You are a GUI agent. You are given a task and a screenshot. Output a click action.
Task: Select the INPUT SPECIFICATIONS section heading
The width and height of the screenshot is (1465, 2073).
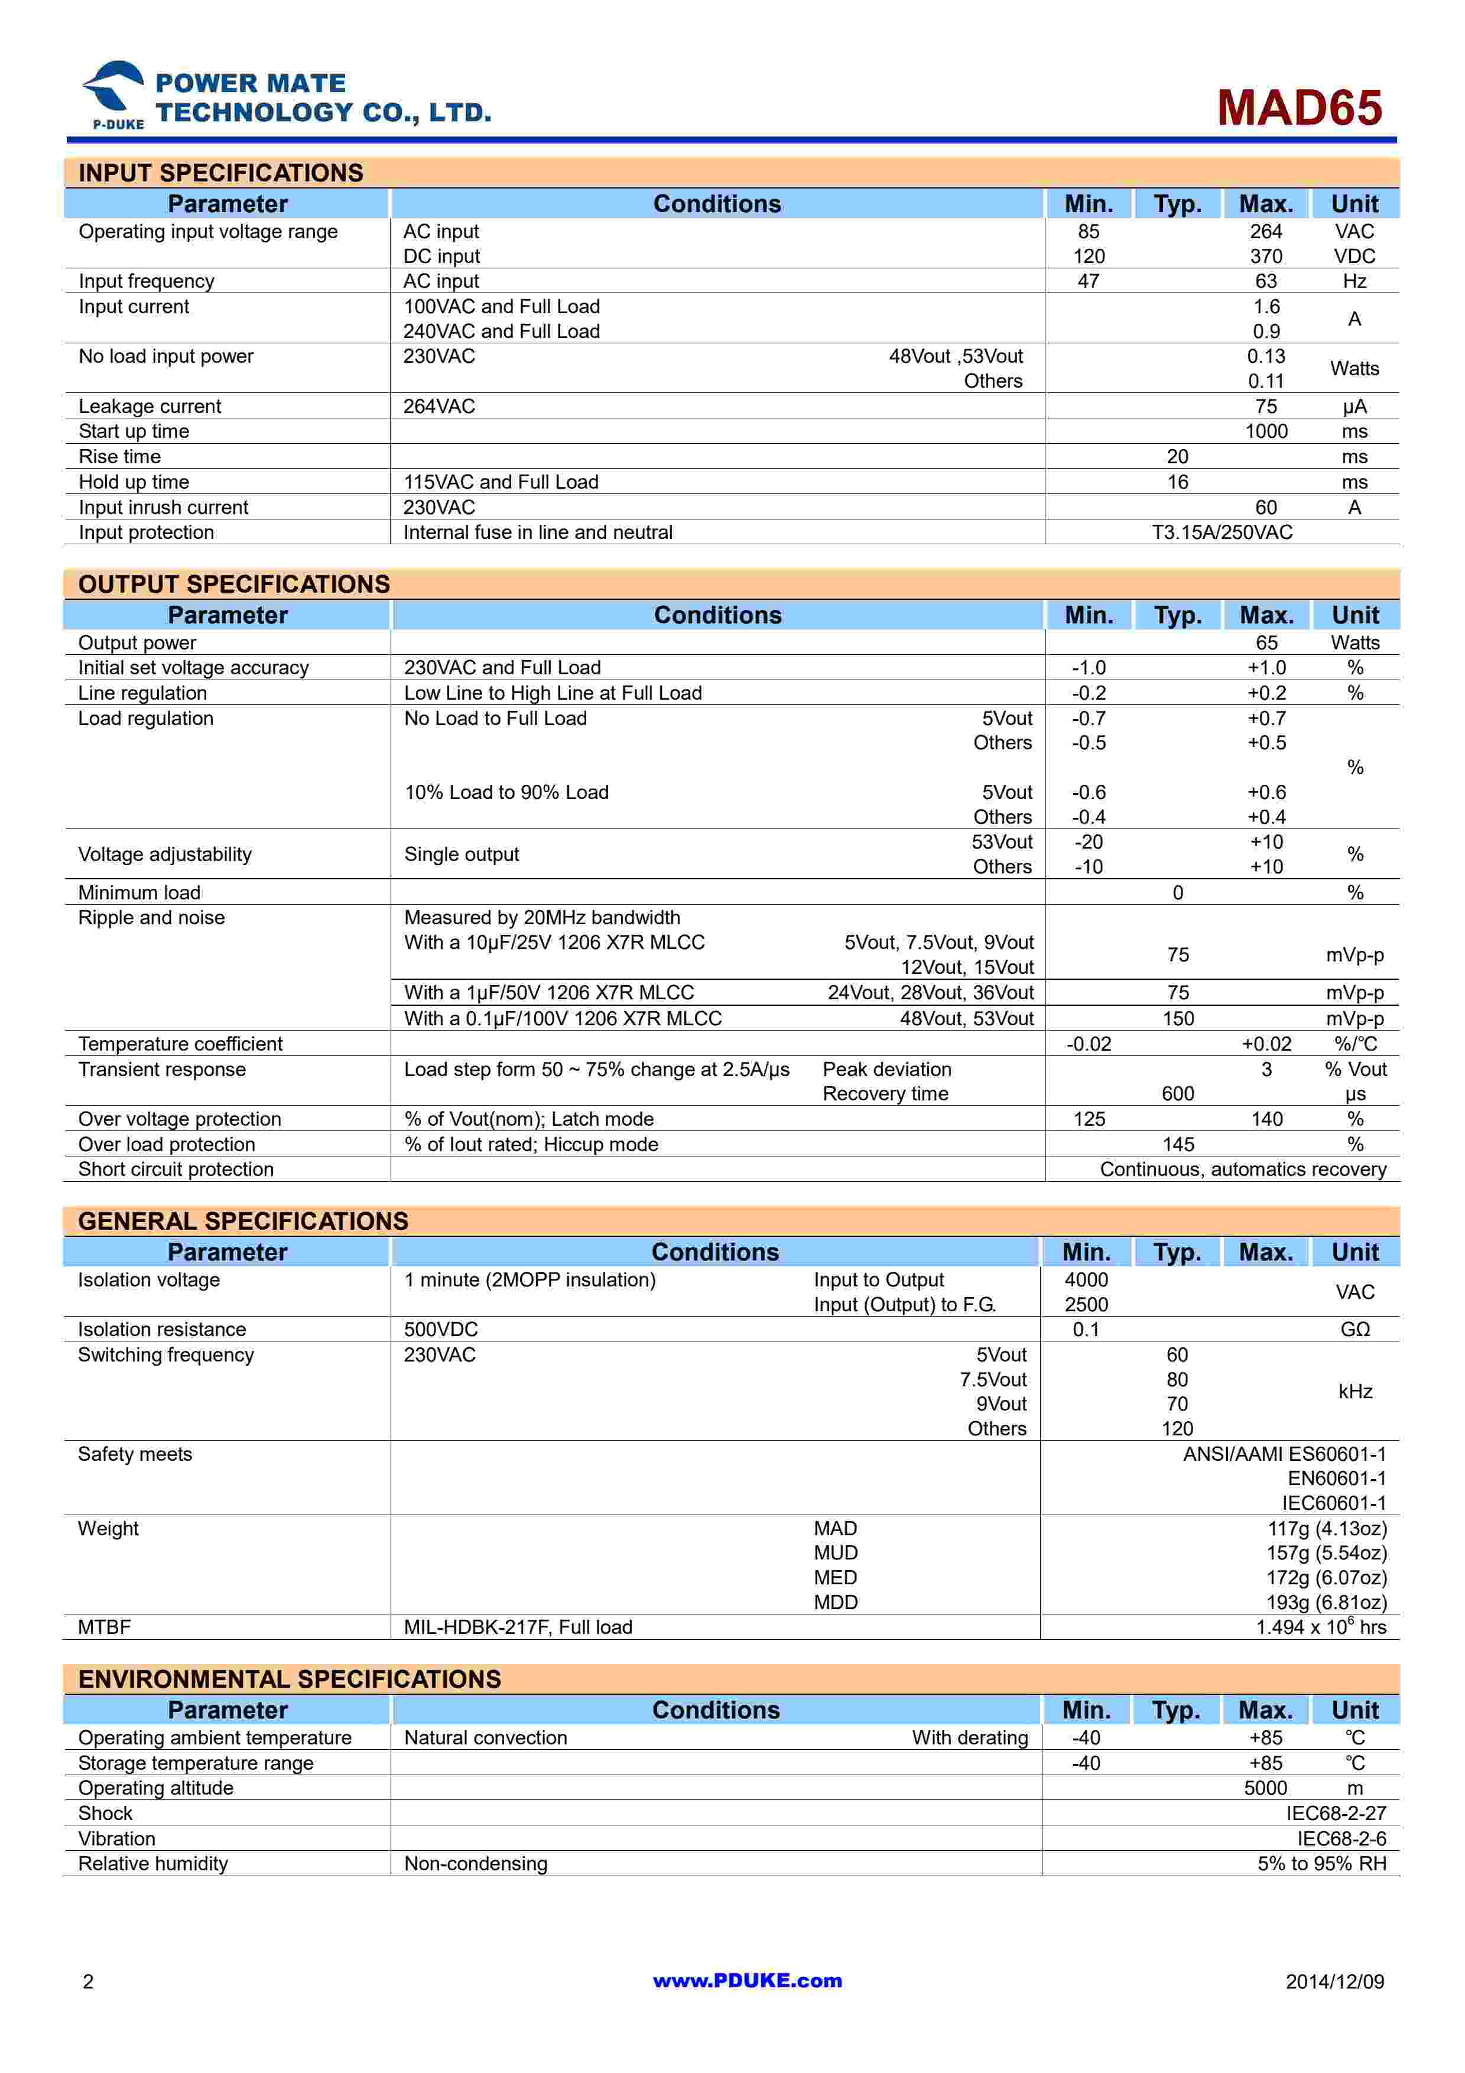(220, 173)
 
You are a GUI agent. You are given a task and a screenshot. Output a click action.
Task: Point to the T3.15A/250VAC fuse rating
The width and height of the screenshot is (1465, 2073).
(1222, 532)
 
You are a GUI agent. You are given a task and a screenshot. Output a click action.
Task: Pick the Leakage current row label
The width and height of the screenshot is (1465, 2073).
(150, 407)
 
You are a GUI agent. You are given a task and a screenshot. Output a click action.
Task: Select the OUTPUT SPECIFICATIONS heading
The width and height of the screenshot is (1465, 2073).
(234, 584)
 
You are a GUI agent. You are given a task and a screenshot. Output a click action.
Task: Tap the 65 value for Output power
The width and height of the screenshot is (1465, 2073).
(1266, 643)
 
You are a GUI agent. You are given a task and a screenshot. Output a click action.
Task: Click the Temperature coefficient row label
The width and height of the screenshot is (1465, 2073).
(180, 1044)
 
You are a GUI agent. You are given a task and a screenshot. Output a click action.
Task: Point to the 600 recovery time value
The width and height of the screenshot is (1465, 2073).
(1178, 1094)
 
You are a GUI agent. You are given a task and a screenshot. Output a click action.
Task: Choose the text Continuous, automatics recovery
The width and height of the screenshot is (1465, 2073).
(1242, 1169)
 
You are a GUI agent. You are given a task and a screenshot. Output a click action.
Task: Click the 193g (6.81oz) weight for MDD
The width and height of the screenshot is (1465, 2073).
(1326, 1603)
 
